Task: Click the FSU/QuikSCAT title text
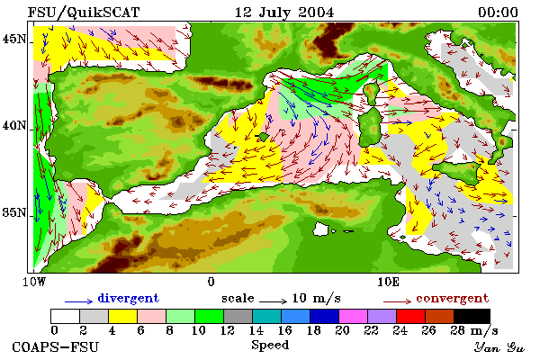pyautogui.click(x=84, y=13)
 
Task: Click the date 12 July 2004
pyautogui.click(x=284, y=13)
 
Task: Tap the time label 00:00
pyautogui.click(x=498, y=13)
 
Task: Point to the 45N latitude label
pyautogui.click(x=13, y=40)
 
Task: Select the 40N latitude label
pyautogui.click(x=13, y=126)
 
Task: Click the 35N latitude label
pyautogui.click(x=13, y=212)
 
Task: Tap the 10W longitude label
pyautogui.click(x=34, y=282)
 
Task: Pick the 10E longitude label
pyautogui.click(x=388, y=282)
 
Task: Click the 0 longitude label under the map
pyautogui.click(x=211, y=282)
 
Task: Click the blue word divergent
pyautogui.click(x=128, y=298)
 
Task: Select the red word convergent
pyautogui.click(x=452, y=298)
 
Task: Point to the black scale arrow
pyautogui.click(x=273, y=301)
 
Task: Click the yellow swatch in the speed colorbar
pyautogui.click(x=122, y=316)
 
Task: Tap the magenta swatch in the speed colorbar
pyautogui.click(x=353, y=316)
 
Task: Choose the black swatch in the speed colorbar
pyautogui.click(x=472, y=316)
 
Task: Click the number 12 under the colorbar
pyautogui.click(x=227, y=330)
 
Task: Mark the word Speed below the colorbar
pyautogui.click(x=270, y=346)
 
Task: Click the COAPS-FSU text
pyautogui.click(x=56, y=347)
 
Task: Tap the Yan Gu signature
pyautogui.click(x=499, y=347)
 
